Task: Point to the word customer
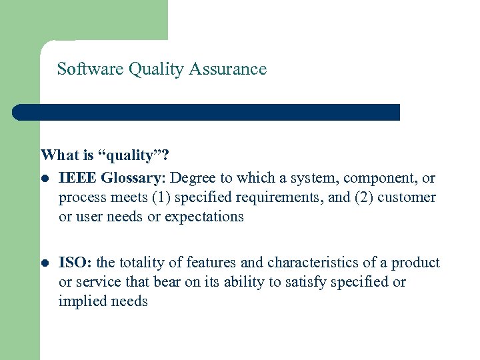[x=407, y=198]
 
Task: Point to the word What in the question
[x=59, y=156]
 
